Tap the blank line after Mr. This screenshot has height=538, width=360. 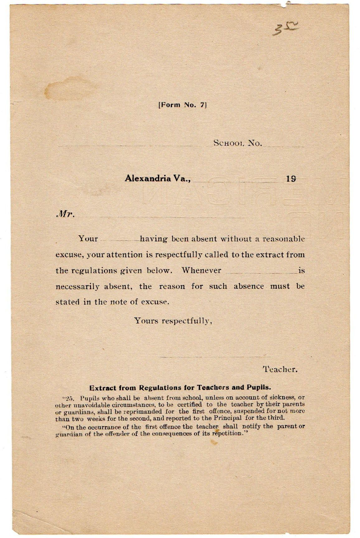click(x=162, y=217)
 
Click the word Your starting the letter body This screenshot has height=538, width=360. click(x=88, y=239)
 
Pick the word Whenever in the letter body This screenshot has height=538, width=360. click(x=201, y=270)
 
